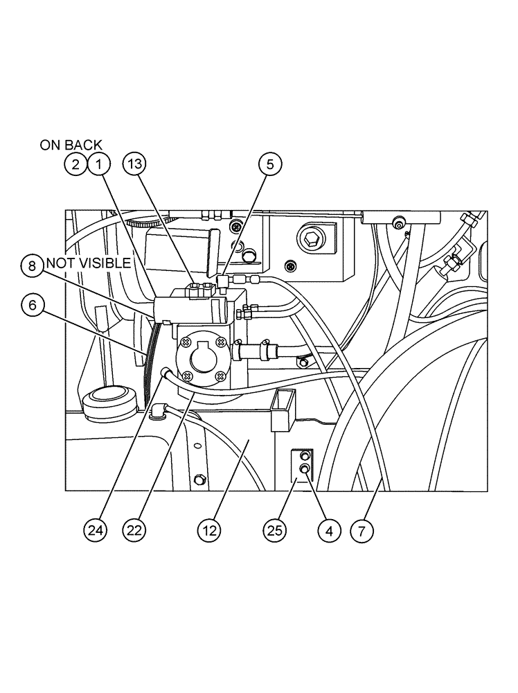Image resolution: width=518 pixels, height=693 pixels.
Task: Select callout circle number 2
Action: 75,164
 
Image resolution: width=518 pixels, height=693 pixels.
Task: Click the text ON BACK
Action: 71,145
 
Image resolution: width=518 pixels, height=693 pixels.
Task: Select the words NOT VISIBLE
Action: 88,263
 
